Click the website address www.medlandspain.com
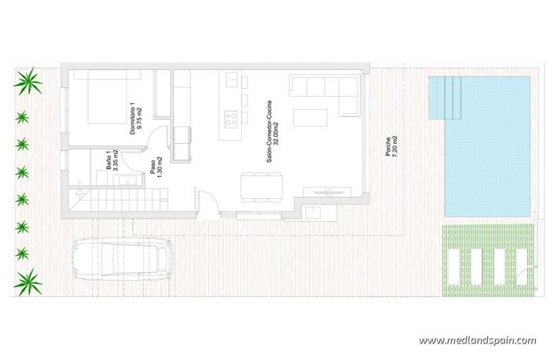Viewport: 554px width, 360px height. [477, 340]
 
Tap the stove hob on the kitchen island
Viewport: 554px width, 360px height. [233, 120]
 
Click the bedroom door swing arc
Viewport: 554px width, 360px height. [158, 138]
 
